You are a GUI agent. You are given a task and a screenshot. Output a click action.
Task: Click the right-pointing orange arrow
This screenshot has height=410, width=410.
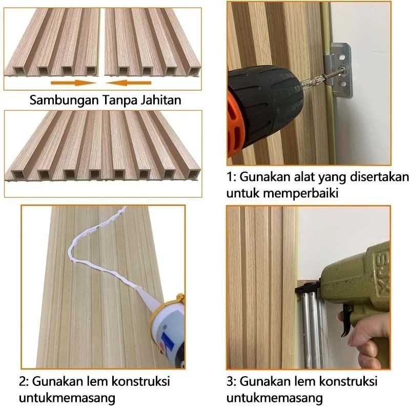click(x=73, y=83)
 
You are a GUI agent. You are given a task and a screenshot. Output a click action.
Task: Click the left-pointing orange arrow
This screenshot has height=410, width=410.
click(x=129, y=83)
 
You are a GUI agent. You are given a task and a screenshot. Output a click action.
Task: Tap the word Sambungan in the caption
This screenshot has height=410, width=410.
click(x=64, y=100)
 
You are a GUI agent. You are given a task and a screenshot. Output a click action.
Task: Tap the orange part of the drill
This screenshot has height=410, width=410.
click(x=236, y=123)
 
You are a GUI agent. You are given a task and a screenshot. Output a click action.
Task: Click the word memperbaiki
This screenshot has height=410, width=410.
click(x=301, y=194)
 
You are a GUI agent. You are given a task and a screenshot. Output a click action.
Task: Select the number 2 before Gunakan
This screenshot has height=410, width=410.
click(x=23, y=381)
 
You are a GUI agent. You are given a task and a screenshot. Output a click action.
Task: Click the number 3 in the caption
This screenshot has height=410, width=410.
click(x=230, y=381)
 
